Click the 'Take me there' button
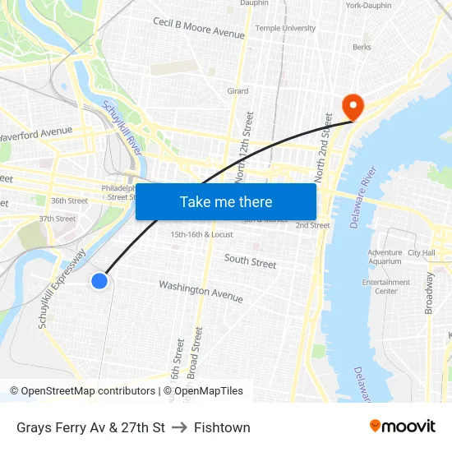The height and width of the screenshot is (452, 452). pyautogui.click(x=226, y=201)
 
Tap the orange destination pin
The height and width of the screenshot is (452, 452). pyautogui.click(x=353, y=105)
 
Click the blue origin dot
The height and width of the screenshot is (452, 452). pyautogui.click(x=99, y=281)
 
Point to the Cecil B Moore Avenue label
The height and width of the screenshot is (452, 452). pyautogui.click(x=199, y=27)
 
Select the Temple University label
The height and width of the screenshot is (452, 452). pyautogui.click(x=285, y=28)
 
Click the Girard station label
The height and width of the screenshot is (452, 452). pyautogui.click(x=238, y=91)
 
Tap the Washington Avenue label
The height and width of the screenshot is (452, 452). pyautogui.click(x=201, y=291)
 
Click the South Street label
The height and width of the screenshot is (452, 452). pyautogui.click(x=251, y=262)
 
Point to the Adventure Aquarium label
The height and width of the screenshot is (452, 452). pyautogui.click(x=385, y=257)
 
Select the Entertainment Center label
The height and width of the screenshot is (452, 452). pyautogui.click(x=385, y=287)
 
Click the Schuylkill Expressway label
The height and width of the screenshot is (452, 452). pyautogui.click(x=62, y=289)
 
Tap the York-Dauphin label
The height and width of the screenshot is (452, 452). pyautogui.click(x=368, y=6)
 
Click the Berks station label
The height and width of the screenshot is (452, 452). pyautogui.click(x=362, y=48)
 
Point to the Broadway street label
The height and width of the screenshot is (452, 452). pyautogui.click(x=428, y=293)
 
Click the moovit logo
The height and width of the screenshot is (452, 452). pyautogui.click(x=403, y=426)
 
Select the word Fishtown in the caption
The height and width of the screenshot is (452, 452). pyautogui.click(x=222, y=427)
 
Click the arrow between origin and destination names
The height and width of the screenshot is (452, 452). pyautogui.click(x=180, y=427)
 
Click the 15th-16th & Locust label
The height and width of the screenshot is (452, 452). pyautogui.click(x=201, y=234)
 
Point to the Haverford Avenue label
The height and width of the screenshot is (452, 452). pyautogui.click(x=37, y=132)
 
